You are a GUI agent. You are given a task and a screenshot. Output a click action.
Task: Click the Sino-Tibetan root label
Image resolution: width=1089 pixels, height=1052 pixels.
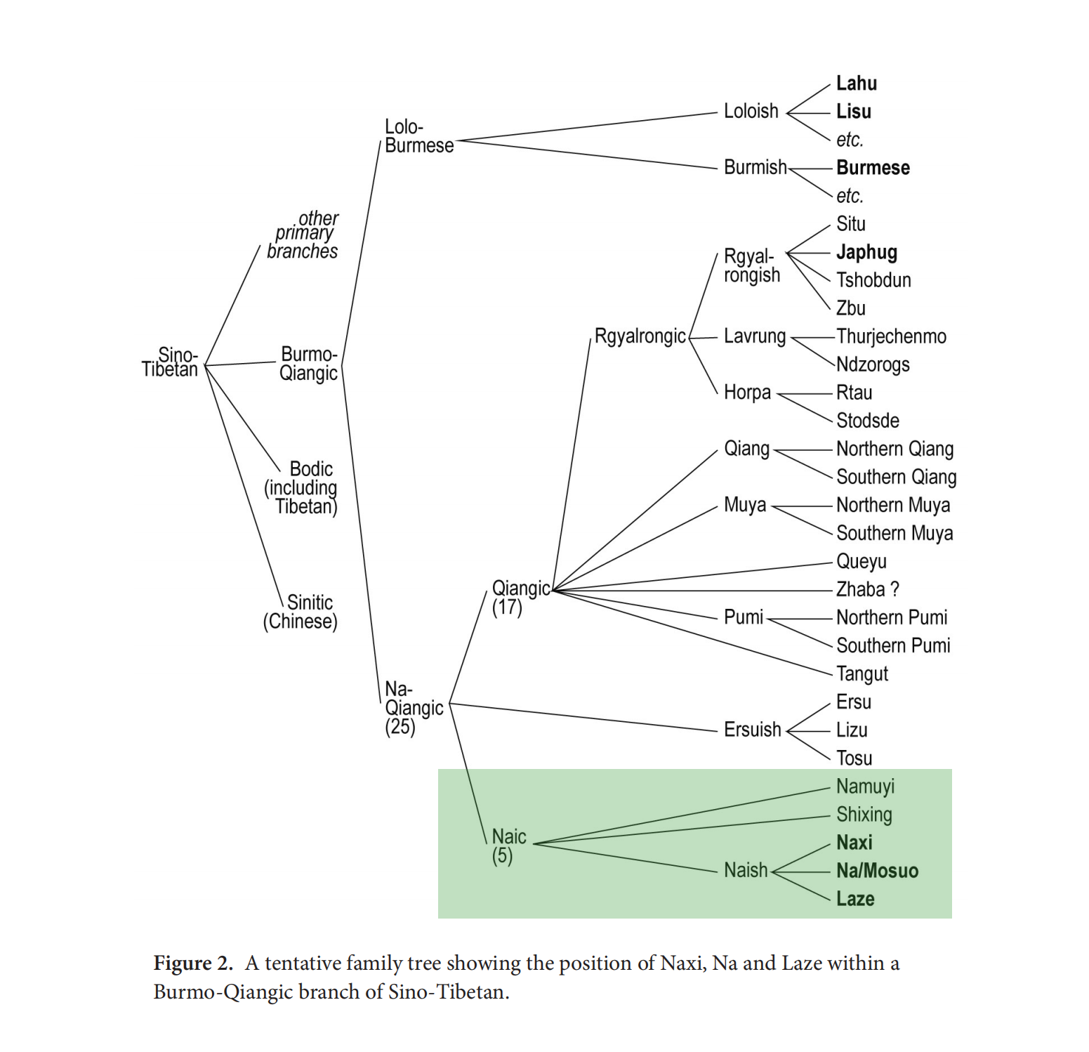pos(170,362)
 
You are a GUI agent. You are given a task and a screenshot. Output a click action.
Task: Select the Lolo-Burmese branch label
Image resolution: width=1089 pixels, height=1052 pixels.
pos(418,136)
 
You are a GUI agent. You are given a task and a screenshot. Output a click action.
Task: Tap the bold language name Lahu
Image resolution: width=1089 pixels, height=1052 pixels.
pos(856,84)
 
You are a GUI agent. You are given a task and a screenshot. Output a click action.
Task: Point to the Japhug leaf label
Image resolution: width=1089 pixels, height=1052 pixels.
pos(866,252)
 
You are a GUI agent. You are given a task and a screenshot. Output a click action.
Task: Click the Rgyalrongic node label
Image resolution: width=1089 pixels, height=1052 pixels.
pos(640,336)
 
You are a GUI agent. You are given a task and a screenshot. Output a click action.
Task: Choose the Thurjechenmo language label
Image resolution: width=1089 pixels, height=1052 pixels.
pos(891,336)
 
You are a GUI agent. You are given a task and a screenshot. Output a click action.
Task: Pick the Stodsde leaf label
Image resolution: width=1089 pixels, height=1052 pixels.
pos(867,421)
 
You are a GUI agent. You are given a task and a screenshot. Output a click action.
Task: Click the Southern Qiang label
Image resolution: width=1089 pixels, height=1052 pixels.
pos(896,477)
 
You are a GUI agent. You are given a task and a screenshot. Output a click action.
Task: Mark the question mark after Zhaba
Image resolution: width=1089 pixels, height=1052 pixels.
pos(894,589)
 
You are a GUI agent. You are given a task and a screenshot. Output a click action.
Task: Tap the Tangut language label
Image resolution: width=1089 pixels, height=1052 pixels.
pos(862,674)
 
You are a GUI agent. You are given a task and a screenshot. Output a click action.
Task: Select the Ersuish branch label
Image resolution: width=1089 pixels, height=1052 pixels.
pos(752,730)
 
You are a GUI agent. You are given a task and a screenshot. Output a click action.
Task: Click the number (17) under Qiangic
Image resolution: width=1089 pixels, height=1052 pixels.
pos(507,607)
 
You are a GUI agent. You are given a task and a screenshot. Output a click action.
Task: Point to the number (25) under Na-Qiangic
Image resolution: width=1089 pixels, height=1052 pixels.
pos(400,727)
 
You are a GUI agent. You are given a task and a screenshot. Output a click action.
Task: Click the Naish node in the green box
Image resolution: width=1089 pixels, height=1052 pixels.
pos(746,870)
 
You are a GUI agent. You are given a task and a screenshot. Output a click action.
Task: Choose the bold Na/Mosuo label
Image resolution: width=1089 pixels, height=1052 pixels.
pos(877,871)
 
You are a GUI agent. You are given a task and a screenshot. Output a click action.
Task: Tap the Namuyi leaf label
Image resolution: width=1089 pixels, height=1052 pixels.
pos(865,787)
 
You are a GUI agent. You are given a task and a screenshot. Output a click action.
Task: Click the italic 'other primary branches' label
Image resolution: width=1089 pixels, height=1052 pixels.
pos(305,235)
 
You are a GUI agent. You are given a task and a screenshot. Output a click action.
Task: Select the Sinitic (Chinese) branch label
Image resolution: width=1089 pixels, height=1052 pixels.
pos(301,612)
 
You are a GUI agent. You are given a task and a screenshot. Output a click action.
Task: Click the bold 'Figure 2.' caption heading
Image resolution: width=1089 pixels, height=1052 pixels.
pos(193,963)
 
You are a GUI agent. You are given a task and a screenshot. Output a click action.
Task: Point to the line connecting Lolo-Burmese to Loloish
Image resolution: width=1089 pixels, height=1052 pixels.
pos(587,127)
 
